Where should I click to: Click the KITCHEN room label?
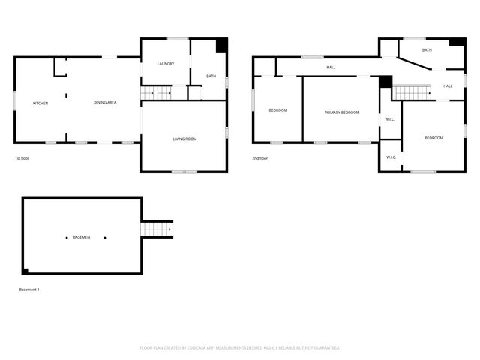[40, 103]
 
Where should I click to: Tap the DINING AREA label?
[105, 102]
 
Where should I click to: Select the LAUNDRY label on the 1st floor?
[166, 64]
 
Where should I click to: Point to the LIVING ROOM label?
[184, 139]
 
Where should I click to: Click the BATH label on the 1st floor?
[211, 76]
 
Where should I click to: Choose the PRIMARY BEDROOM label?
[342, 112]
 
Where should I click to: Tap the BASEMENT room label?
[82, 238]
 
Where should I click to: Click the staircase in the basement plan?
[156, 229]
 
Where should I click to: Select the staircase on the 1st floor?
[157, 92]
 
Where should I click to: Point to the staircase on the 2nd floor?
[412, 92]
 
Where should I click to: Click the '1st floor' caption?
[22, 158]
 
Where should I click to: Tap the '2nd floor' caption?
[260, 158]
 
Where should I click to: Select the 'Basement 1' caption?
[29, 289]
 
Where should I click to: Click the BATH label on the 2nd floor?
[427, 50]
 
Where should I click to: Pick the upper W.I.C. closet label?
[390, 119]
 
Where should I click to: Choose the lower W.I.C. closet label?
[391, 157]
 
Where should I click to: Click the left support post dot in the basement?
[66, 238]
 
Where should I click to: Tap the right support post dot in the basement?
[105, 238]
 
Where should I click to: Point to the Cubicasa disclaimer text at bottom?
[240, 347]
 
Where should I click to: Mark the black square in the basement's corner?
[25, 271]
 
